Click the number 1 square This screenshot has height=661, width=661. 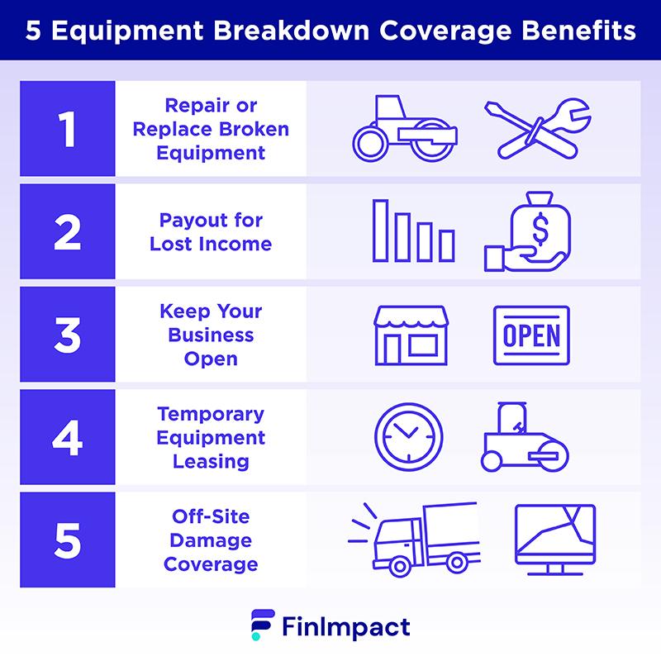tap(68, 129)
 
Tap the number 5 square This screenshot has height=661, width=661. tap(68, 540)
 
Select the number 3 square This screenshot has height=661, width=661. tap(68, 335)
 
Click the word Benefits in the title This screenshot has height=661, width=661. tap(579, 31)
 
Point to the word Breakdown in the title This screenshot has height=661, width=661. tap(292, 31)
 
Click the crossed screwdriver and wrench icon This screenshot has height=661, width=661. tap(538, 129)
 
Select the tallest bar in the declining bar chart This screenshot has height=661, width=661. tap(380, 231)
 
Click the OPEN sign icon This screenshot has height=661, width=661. tap(531, 335)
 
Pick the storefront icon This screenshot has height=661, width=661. tap(411, 335)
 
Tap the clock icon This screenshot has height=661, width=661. tap(408, 437)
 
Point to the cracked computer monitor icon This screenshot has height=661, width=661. tap(555, 540)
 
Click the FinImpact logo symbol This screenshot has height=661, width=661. tap(263, 625)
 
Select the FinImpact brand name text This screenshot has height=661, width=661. tap(346, 627)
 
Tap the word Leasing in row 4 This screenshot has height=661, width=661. tap(211, 462)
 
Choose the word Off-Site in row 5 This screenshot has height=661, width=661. tap(211, 516)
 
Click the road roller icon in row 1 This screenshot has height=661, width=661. tap(405, 129)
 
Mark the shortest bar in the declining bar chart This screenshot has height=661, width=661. tap(446, 245)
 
